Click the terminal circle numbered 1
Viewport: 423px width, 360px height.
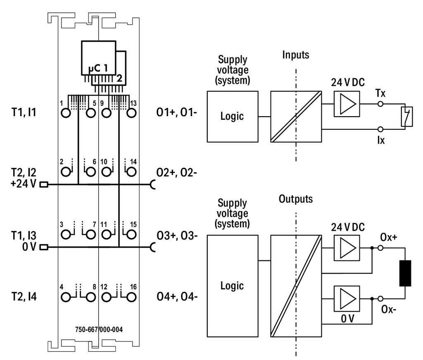[66, 113]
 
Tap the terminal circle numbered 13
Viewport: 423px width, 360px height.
[131, 113]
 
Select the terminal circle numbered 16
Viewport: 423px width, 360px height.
[131, 298]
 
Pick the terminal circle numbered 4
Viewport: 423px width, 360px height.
[66, 298]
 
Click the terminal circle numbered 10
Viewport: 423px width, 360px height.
[106, 172]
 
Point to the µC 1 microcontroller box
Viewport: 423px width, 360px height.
[99, 58]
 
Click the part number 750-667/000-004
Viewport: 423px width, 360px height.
[99, 329]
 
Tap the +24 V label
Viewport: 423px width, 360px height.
[23, 184]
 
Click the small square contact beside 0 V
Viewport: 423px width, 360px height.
[44, 247]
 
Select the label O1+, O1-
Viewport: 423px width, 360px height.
[177, 112]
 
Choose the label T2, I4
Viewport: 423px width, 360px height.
[24, 297]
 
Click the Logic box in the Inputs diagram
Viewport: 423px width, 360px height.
[233, 117]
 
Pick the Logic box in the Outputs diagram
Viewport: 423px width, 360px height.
[233, 286]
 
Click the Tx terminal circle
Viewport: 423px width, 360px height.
[380, 104]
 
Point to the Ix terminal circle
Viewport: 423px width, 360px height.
[380, 129]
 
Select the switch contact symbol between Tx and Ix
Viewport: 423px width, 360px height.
[407, 116]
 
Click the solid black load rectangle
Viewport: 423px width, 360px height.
[405, 273]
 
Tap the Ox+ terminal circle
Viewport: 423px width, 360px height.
[380, 248]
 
